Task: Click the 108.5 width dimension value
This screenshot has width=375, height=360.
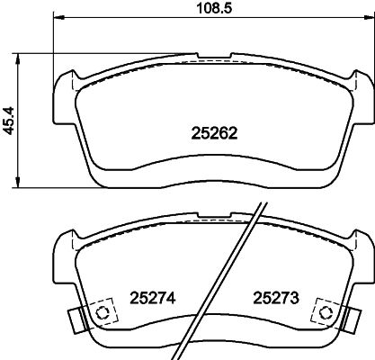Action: point(214,8)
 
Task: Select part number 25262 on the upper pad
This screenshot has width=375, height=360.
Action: point(214,133)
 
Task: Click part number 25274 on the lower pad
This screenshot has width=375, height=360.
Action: point(152,298)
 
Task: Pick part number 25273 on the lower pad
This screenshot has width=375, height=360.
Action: point(276,298)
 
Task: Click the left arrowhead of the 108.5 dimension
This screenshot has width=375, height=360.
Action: point(58,17)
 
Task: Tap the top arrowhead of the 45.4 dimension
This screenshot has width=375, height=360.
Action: point(18,59)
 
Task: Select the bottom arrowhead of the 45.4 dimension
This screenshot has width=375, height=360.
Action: point(18,183)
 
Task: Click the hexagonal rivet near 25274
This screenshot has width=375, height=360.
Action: point(103,312)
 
